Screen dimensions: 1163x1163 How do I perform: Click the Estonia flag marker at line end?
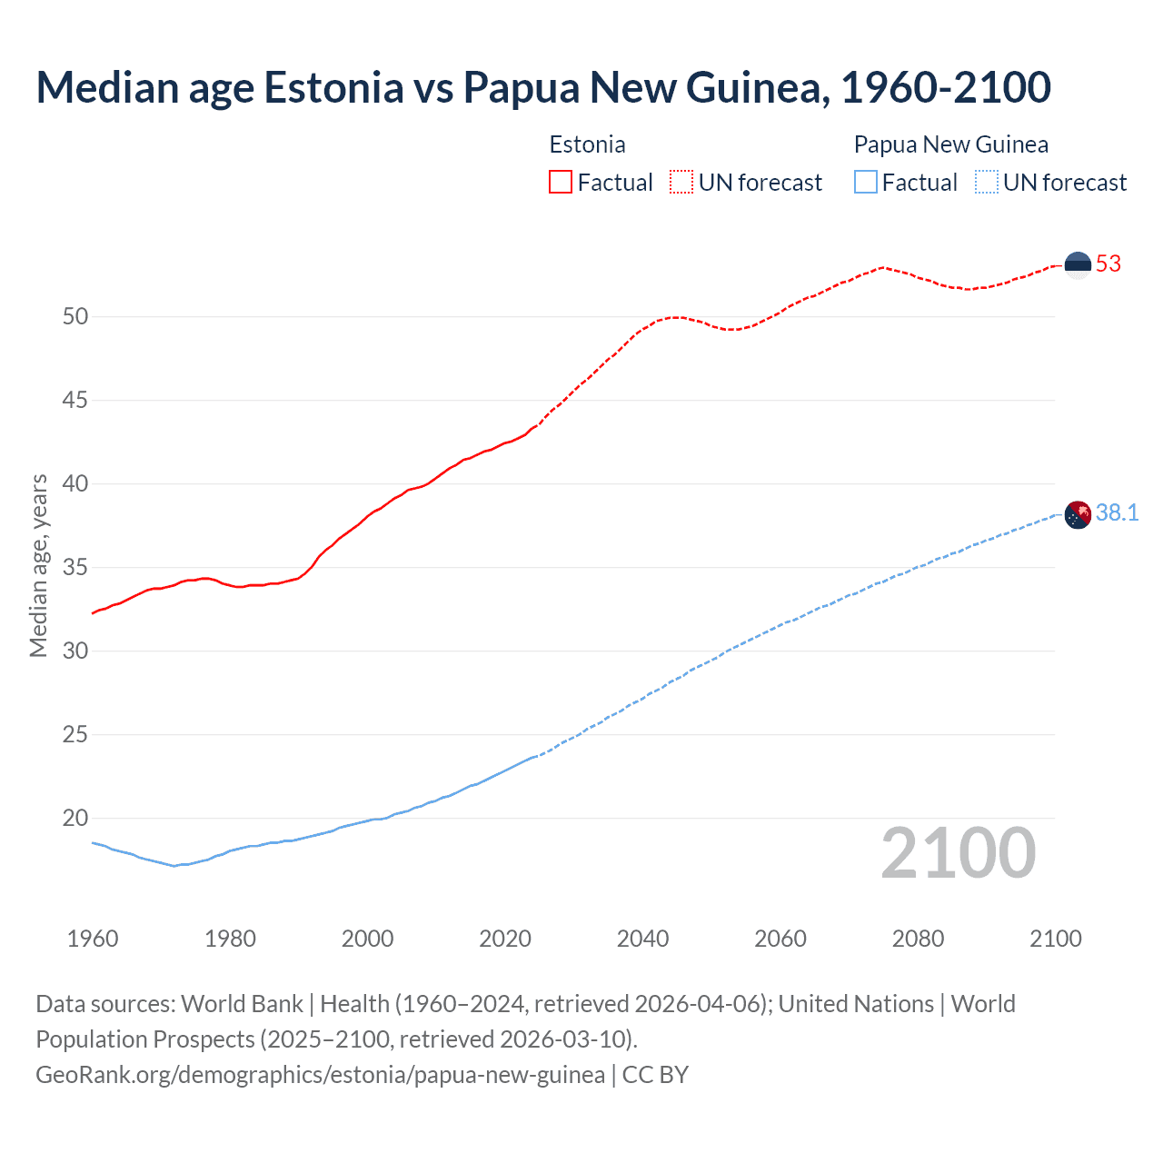click(1078, 264)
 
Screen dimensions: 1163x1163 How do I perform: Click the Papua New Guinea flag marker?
click(1078, 514)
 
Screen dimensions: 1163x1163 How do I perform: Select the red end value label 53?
click(1108, 264)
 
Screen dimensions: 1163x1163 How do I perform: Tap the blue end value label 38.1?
click(1117, 513)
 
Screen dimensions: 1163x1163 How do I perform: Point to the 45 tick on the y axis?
click(75, 401)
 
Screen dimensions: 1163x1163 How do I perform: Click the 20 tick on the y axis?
click(75, 819)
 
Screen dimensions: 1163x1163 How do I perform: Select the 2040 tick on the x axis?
click(642, 939)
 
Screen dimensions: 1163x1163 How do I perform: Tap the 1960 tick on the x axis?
click(93, 939)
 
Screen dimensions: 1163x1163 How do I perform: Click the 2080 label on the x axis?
click(918, 939)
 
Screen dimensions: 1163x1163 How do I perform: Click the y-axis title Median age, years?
click(38, 565)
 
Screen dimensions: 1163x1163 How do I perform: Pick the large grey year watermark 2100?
click(958, 853)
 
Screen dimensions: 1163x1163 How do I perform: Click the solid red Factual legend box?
click(561, 182)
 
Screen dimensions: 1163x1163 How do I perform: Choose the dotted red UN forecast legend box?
click(681, 182)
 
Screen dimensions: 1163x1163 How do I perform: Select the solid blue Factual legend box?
click(866, 182)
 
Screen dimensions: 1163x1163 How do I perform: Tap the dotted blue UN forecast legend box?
click(986, 182)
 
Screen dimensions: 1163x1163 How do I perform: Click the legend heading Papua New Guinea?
click(950, 144)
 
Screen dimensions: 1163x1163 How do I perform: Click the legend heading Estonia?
click(587, 144)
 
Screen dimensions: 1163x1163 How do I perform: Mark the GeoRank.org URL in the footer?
click(320, 1075)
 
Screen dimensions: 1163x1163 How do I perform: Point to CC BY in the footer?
click(655, 1075)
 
